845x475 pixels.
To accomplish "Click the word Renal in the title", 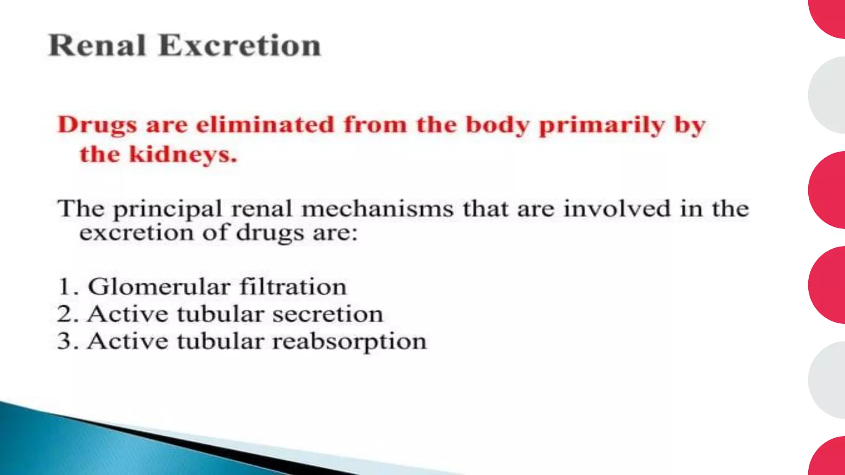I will (x=97, y=45).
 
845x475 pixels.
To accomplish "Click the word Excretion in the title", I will (x=239, y=45).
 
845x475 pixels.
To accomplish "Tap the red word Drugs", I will (x=97, y=125).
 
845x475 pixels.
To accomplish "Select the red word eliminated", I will (x=265, y=125).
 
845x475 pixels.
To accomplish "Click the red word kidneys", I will (x=183, y=155).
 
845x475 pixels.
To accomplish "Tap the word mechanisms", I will (x=378, y=209).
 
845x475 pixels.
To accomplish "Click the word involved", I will (x=617, y=209).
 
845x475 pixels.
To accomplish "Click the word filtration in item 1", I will (x=293, y=287).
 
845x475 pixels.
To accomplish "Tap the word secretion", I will (x=328, y=314).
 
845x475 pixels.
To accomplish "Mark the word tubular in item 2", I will (x=220, y=314).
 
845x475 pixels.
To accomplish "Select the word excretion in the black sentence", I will (x=136, y=233).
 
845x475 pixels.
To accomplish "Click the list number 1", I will (x=65, y=287).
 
